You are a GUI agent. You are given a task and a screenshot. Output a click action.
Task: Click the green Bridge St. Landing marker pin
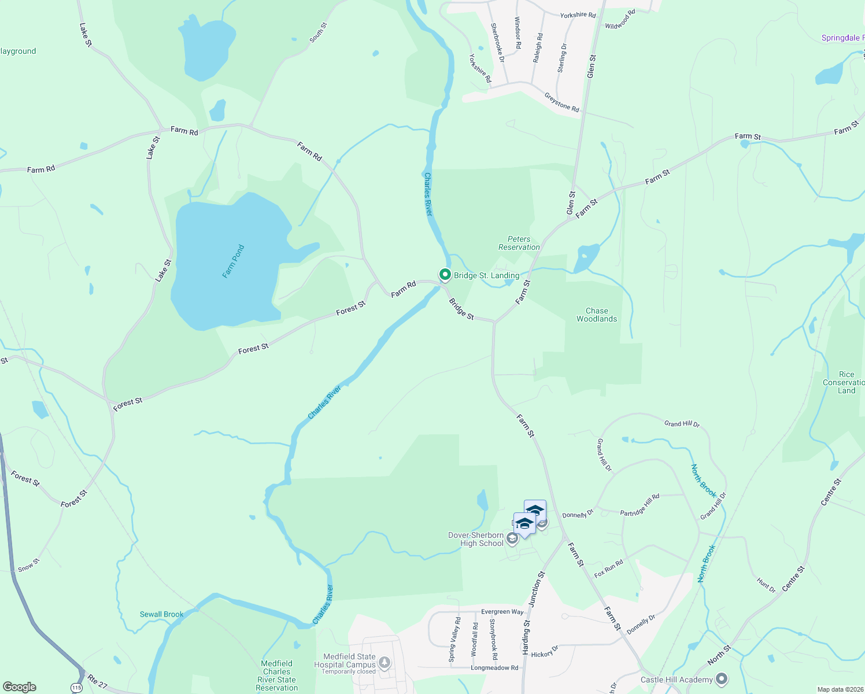[x=445, y=274]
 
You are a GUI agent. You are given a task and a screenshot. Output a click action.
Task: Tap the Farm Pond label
[x=234, y=261]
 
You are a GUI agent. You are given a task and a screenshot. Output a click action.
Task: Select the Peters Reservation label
[x=519, y=243]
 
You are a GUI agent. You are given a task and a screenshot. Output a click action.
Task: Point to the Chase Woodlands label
[x=597, y=315]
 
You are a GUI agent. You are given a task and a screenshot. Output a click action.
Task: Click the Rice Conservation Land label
[x=846, y=382]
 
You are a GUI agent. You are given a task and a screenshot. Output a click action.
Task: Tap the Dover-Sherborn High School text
[x=476, y=539]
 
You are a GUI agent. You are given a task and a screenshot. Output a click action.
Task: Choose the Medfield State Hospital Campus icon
[x=383, y=662]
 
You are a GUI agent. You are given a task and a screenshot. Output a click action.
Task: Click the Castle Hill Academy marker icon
[x=721, y=678]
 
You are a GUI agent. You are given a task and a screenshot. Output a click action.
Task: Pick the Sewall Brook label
[x=161, y=614]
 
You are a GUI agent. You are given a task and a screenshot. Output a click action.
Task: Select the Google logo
[x=20, y=687]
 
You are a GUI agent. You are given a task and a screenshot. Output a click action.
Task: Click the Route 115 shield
[x=77, y=687]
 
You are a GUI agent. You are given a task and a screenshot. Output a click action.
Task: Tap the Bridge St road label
[x=461, y=309]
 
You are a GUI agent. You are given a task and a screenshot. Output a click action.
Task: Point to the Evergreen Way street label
[x=502, y=611]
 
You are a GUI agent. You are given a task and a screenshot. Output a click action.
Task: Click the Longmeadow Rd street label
[x=494, y=667]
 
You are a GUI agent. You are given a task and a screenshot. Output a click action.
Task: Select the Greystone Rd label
[x=561, y=102]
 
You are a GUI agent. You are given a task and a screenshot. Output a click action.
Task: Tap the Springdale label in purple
[x=841, y=38]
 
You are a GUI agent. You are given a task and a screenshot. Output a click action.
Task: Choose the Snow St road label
[x=29, y=565]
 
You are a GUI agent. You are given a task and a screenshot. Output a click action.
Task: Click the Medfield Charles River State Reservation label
[x=277, y=675]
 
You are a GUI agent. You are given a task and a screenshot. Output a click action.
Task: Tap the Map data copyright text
[x=840, y=689]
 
